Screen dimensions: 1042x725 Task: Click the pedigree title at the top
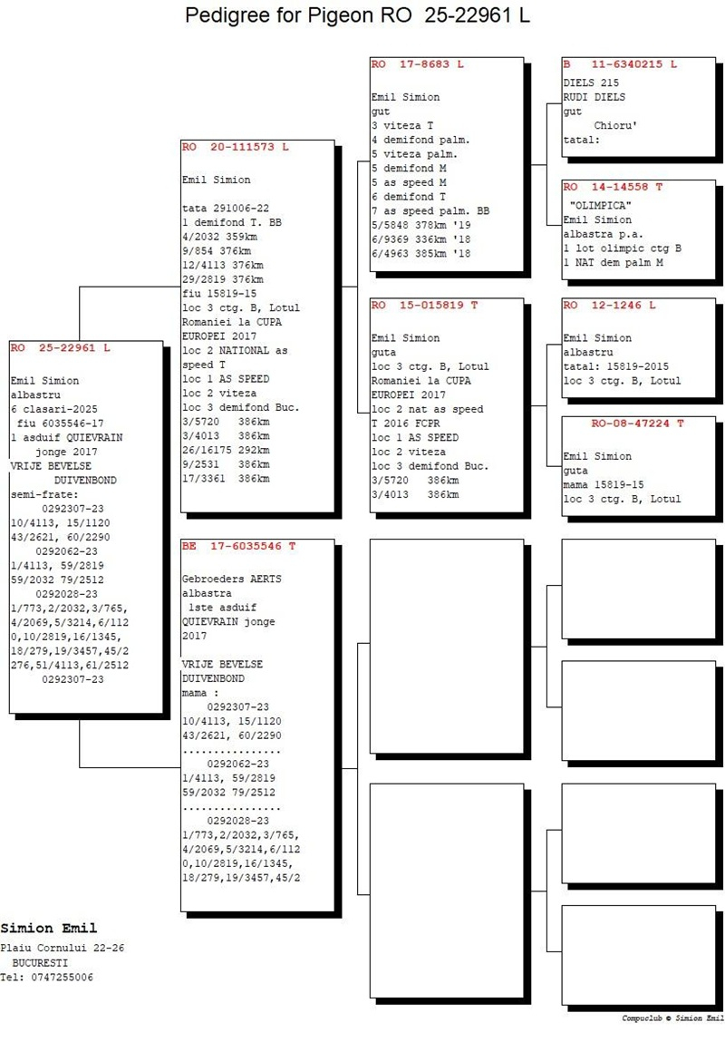click(x=357, y=15)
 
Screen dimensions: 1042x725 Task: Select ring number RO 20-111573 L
click(x=235, y=147)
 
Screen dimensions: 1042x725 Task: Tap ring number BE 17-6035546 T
click(x=239, y=546)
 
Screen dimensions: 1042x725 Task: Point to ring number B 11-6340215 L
click(x=620, y=64)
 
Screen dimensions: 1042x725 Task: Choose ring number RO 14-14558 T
click(x=614, y=187)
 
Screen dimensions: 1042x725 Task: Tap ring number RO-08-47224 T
click(x=637, y=424)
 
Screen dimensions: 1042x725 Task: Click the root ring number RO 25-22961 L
click(x=62, y=347)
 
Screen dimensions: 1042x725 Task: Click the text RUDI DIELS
click(x=594, y=97)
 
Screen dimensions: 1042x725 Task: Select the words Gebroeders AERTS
click(x=232, y=579)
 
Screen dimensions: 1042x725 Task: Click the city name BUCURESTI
click(x=40, y=963)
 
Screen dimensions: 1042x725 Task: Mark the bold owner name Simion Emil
click(x=49, y=929)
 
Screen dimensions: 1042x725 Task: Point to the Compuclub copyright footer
click(x=673, y=1018)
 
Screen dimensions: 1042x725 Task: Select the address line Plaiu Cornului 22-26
click(x=63, y=948)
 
